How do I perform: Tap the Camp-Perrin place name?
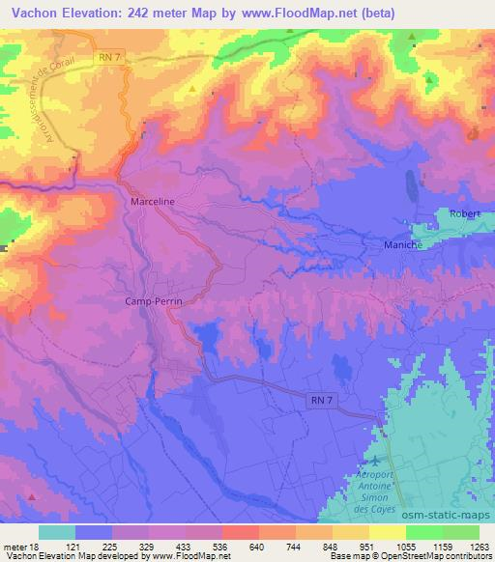tap(155, 301)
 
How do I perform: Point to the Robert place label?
tap(464, 213)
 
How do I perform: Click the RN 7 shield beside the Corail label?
tap(111, 60)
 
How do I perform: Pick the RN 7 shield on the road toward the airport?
tap(321, 399)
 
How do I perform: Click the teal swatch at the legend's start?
tap(57, 532)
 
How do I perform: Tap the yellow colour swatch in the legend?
tap(387, 532)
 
